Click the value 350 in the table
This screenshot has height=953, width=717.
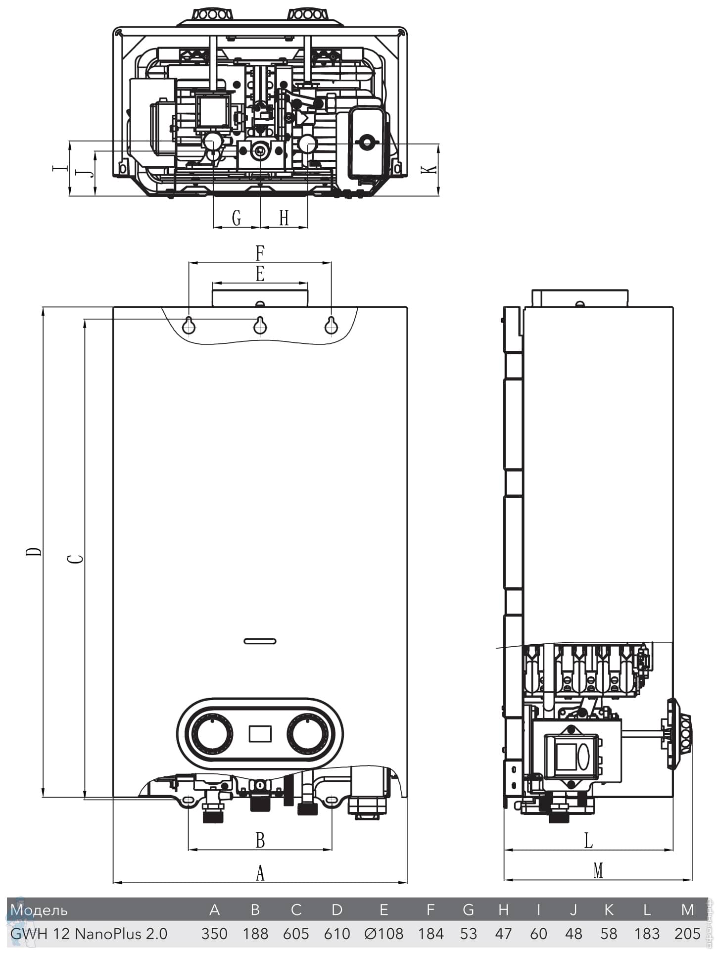214,933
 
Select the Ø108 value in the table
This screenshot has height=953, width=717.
383,933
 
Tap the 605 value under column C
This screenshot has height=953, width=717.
296,933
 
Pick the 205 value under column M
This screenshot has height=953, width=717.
687,933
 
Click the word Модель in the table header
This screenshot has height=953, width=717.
39,909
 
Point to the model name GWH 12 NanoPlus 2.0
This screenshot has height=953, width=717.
89,933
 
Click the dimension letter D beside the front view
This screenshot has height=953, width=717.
34,551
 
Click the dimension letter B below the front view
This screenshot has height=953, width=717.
260,840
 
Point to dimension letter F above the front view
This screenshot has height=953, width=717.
260,253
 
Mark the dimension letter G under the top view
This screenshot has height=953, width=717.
237,217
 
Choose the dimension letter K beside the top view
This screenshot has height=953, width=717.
429,169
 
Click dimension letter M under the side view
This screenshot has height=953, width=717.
598,870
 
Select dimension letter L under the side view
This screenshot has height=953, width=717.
588,840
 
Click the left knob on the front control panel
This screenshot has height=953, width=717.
212,733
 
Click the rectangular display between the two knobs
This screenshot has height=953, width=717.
260,733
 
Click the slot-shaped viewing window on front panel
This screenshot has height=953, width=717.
260,641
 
